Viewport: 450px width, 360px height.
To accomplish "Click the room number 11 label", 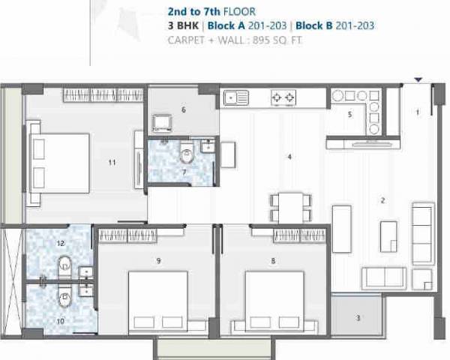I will pos(112,162).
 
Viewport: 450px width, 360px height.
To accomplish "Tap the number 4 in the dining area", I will pos(289,157).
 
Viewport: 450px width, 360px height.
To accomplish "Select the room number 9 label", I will pos(158,261).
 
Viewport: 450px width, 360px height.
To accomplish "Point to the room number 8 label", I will pos(273,261).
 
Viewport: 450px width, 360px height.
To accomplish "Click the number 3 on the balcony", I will pos(358,318).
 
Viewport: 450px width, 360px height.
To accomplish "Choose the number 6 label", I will pos(183,109).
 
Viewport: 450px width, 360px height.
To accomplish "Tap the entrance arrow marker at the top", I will pos(418,79).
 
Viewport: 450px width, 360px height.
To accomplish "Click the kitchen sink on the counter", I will pos(238,96).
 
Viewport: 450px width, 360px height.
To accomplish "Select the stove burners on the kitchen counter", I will pos(283,97).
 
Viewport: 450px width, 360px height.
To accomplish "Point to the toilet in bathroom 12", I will pos(64,264).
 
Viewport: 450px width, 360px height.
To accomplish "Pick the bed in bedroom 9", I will pos(157,301).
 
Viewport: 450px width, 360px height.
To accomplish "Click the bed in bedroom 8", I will pos(274,301).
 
